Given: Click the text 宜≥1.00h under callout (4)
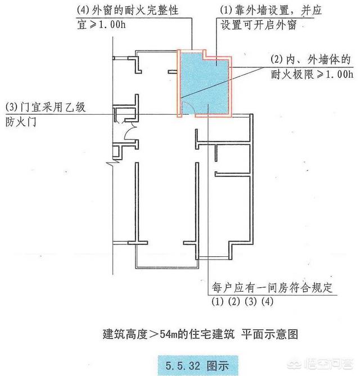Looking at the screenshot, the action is [101, 25].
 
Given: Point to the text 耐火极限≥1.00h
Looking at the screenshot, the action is [312, 75].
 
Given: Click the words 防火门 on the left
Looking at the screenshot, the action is [21, 121].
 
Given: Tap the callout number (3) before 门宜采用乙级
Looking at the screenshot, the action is [12, 107].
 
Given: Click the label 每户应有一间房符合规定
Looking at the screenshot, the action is [272, 287].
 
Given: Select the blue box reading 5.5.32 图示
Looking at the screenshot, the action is [198, 365].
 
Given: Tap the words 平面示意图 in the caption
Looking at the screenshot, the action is [270, 334].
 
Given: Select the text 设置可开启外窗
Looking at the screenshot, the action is [259, 25].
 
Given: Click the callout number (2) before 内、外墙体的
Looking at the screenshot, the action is [277, 59].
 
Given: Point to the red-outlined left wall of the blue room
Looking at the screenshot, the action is [179, 83].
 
